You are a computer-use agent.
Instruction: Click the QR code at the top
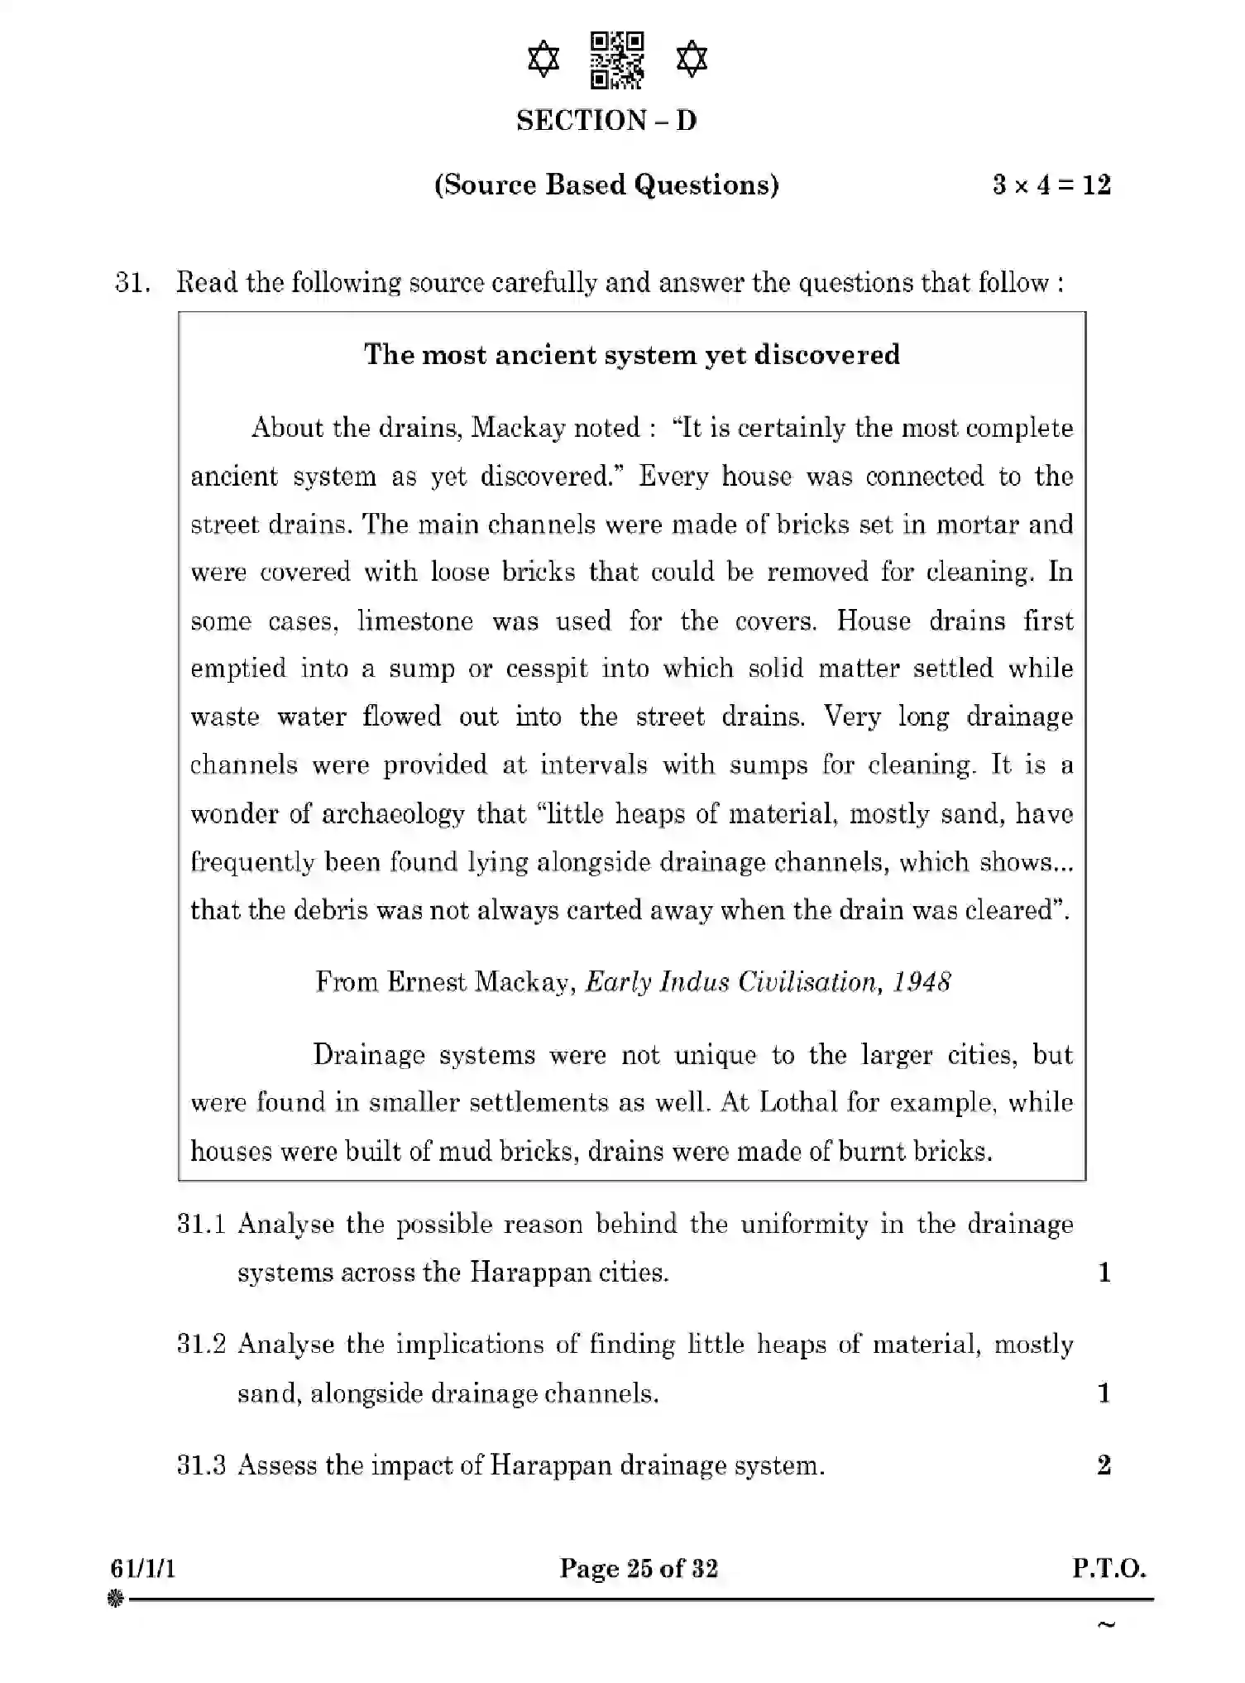coord(617,60)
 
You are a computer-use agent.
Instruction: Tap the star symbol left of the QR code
coord(543,60)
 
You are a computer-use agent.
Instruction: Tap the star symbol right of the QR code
coord(692,60)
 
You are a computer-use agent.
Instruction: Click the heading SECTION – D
coord(606,121)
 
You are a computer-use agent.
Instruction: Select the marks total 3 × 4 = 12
coord(1051,185)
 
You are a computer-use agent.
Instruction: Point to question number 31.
coord(132,283)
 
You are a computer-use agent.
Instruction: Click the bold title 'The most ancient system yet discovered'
coord(632,355)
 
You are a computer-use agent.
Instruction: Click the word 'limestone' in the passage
coord(414,621)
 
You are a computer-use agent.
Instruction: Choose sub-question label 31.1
coord(201,1225)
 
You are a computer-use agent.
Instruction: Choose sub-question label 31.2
coord(201,1345)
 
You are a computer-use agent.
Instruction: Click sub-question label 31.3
coord(201,1466)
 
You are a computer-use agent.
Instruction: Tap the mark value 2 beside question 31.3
coord(1104,1466)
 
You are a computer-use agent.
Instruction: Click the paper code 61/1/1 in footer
coord(142,1570)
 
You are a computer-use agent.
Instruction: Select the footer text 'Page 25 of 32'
coord(639,1570)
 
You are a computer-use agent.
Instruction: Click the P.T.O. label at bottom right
coord(1109,1570)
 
